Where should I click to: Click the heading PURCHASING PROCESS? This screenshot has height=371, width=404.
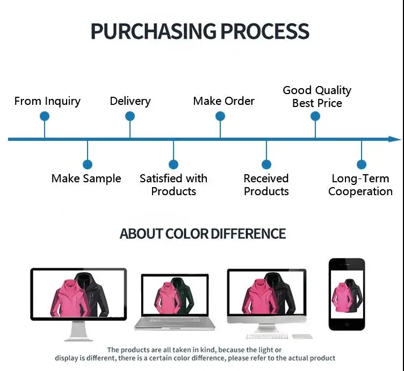pos(200,31)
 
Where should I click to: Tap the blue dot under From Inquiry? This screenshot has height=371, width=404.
pos(45,116)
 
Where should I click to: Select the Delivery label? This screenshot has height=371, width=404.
pos(130,101)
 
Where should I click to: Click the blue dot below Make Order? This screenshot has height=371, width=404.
pos(220,116)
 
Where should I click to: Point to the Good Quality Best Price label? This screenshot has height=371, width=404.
pos(317,97)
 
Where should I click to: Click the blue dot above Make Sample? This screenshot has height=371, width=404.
pos(88,165)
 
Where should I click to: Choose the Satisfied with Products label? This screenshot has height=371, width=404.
pos(174,185)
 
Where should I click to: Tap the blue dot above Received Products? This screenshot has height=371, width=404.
pos(266,165)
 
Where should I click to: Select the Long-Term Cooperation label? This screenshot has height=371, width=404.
pos(360,185)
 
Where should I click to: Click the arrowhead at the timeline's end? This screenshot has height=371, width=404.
pos(395,139)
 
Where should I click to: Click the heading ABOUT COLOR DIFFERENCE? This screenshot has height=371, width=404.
pos(203,234)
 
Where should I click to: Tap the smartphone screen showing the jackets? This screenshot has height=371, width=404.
pos(347,294)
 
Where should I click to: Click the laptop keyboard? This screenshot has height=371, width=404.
pos(175,320)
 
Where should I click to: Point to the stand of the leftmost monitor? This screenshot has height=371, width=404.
pos(78,331)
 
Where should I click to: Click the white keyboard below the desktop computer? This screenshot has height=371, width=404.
pos(267,336)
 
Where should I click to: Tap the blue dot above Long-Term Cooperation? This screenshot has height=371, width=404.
pos(362,165)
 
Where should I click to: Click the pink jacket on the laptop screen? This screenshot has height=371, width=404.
pos(167,298)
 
